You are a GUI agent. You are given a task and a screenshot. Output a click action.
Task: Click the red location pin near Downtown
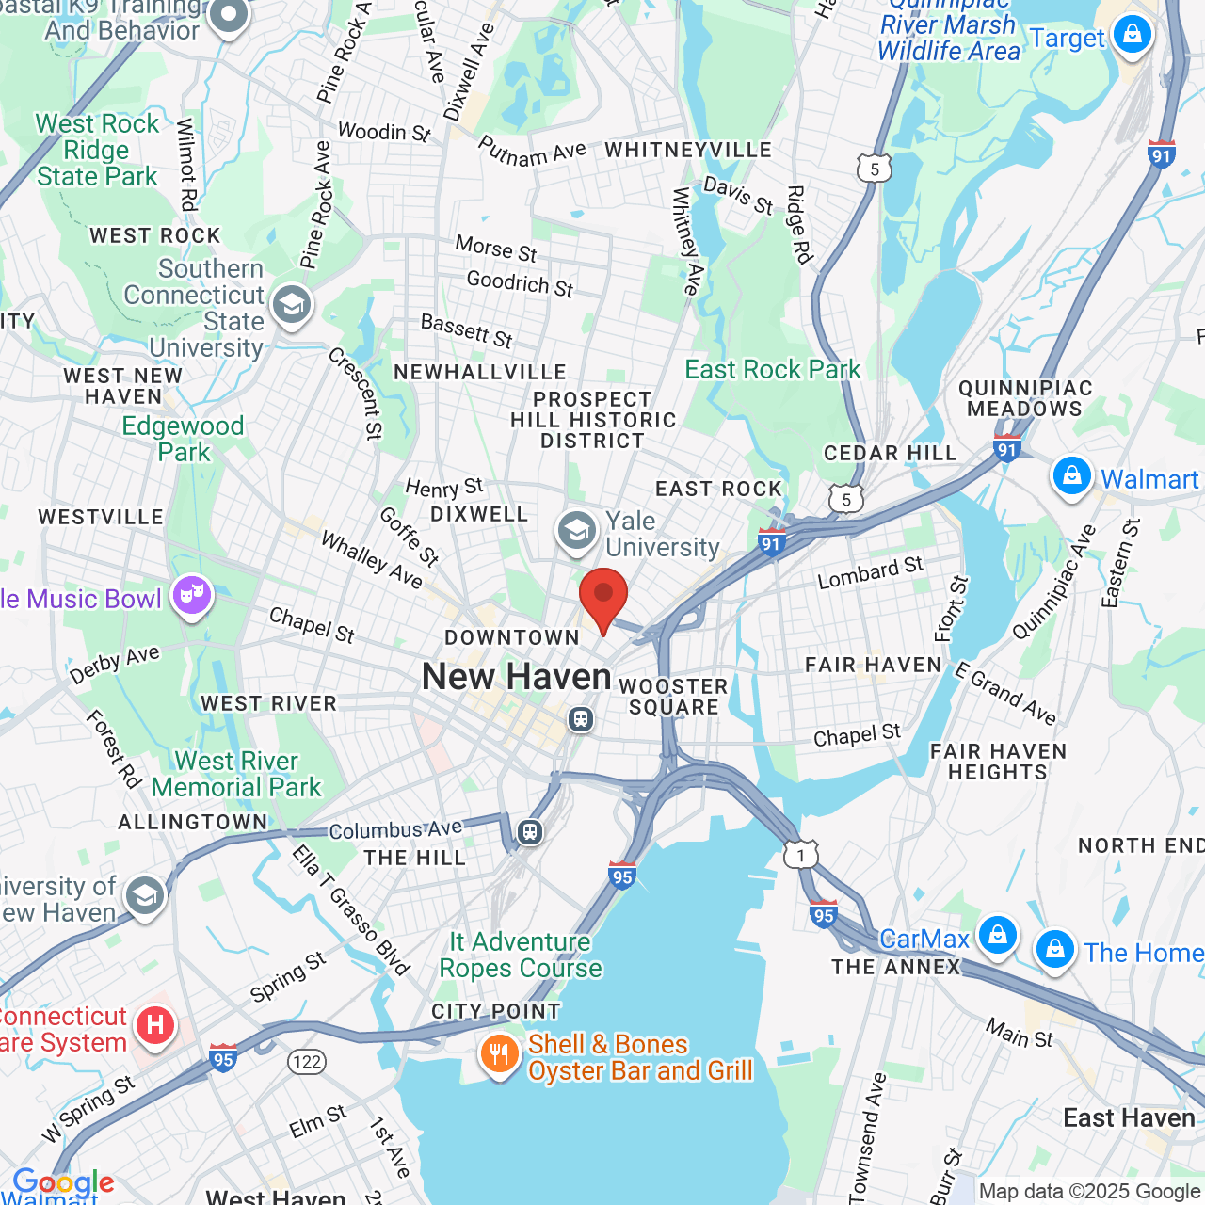603,596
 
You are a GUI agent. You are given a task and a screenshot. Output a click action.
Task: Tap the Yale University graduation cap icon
576,531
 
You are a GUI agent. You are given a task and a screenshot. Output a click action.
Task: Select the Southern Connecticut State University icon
292,305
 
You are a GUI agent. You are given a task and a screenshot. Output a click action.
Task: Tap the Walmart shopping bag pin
1071,476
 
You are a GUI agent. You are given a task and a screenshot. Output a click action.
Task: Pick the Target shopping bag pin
1132,36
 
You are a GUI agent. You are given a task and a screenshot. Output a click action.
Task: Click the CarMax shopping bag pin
997,936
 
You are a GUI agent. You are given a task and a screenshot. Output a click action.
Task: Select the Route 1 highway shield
801,855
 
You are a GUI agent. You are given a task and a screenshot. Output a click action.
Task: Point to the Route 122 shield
306,1062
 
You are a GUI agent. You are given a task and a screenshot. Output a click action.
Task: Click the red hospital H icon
155,1025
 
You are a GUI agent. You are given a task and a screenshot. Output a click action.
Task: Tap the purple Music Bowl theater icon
192,596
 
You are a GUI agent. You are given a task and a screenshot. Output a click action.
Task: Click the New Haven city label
516,676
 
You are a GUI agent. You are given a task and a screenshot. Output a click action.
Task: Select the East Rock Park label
772,369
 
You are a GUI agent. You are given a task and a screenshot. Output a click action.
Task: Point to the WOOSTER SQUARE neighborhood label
674,697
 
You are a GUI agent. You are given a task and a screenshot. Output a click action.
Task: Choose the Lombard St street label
870,572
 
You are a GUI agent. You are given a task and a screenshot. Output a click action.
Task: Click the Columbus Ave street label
395,829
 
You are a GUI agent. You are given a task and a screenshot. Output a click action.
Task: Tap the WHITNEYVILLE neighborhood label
688,150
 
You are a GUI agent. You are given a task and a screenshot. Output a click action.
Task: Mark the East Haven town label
1128,1117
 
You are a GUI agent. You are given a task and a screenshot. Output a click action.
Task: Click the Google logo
63,1182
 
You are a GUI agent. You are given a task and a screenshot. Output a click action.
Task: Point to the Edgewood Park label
184,439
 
